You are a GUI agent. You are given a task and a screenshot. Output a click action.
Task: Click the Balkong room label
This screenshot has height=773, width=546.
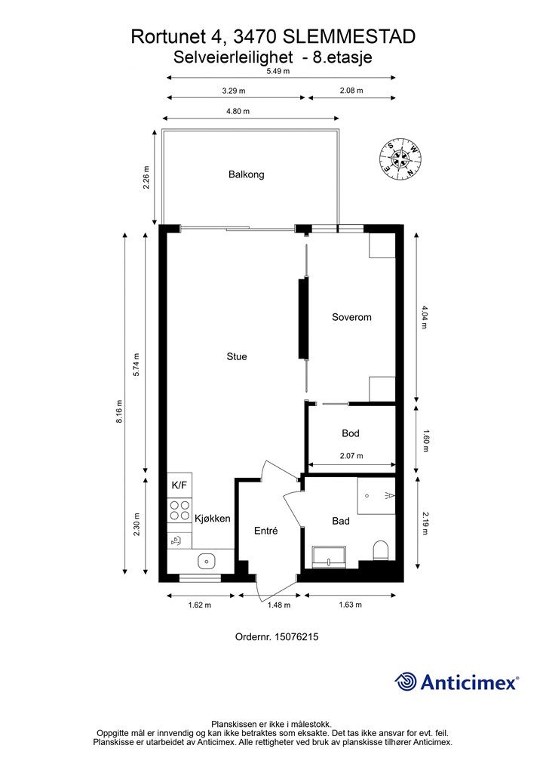[246, 174]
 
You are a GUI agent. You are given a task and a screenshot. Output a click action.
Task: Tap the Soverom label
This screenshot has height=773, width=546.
[351, 317]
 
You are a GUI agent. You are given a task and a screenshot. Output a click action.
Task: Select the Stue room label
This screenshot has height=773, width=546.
[237, 356]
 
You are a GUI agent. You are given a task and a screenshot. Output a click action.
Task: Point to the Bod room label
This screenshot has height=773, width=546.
[351, 433]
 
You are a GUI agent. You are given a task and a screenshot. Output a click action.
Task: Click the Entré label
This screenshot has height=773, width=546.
[266, 531]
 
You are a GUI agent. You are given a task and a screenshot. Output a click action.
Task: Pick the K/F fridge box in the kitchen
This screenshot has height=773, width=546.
[179, 485]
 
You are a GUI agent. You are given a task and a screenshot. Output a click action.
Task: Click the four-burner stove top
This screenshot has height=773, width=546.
[179, 510]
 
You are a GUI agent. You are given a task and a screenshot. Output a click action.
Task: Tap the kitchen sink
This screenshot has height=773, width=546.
[207, 561]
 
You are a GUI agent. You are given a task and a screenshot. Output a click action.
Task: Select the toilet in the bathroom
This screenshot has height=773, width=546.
[381, 550]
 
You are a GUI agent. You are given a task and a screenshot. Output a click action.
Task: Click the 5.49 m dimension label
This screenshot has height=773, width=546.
[278, 71]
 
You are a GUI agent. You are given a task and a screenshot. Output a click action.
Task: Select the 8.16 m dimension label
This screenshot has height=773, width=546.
[119, 412]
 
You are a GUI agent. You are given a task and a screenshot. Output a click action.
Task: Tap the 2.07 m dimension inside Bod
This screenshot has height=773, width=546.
[351, 456]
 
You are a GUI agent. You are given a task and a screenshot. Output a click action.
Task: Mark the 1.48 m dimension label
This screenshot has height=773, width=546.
[279, 605]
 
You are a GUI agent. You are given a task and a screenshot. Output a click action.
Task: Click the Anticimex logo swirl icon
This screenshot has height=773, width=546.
[406, 682]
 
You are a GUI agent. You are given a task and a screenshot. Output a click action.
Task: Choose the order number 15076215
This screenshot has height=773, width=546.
[296, 636]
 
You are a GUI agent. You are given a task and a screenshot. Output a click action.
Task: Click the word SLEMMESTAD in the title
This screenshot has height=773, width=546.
[350, 36]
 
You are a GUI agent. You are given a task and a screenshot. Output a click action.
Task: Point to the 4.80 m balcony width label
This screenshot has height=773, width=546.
[238, 111]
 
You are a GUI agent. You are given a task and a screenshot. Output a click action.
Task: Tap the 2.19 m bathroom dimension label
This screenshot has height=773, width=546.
[425, 522]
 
